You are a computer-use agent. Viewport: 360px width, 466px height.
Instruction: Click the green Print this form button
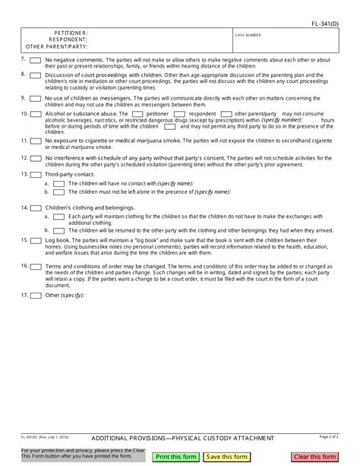176,456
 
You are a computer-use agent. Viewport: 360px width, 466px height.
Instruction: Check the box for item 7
36,59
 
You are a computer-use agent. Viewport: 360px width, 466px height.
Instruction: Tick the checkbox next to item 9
36,98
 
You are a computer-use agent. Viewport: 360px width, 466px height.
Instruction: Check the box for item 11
36,141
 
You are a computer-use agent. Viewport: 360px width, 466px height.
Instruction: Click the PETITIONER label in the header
71,33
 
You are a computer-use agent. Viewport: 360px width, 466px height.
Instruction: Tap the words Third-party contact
69,173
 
